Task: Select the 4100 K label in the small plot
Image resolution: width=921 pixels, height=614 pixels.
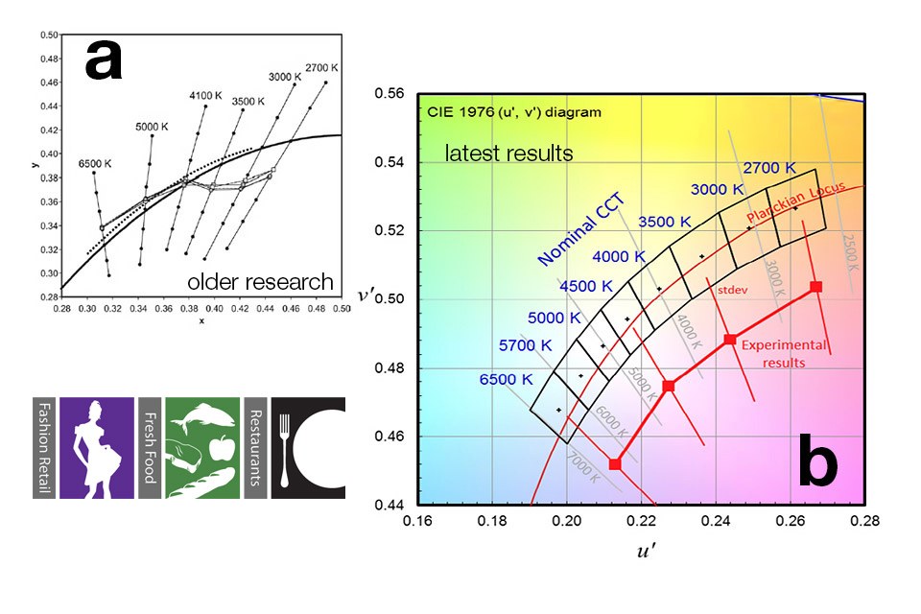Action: click(206, 96)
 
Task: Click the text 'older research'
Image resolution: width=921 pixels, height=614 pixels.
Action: click(260, 282)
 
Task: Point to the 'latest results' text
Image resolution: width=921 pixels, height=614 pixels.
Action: click(508, 153)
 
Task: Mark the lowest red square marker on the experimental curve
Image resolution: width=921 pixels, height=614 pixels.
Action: click(615, 464)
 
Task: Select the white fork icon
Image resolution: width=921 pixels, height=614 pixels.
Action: click(284, 447)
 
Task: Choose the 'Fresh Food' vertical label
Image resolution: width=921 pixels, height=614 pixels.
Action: click(149, 446)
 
